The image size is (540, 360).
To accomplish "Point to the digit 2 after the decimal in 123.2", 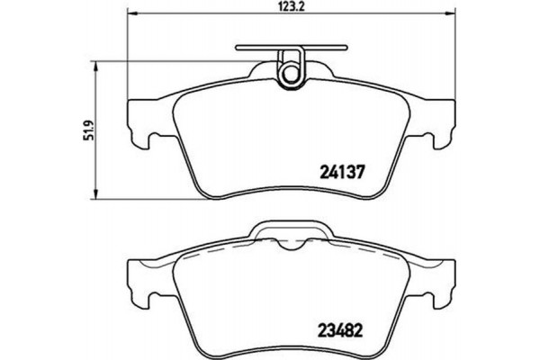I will (306, 8).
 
